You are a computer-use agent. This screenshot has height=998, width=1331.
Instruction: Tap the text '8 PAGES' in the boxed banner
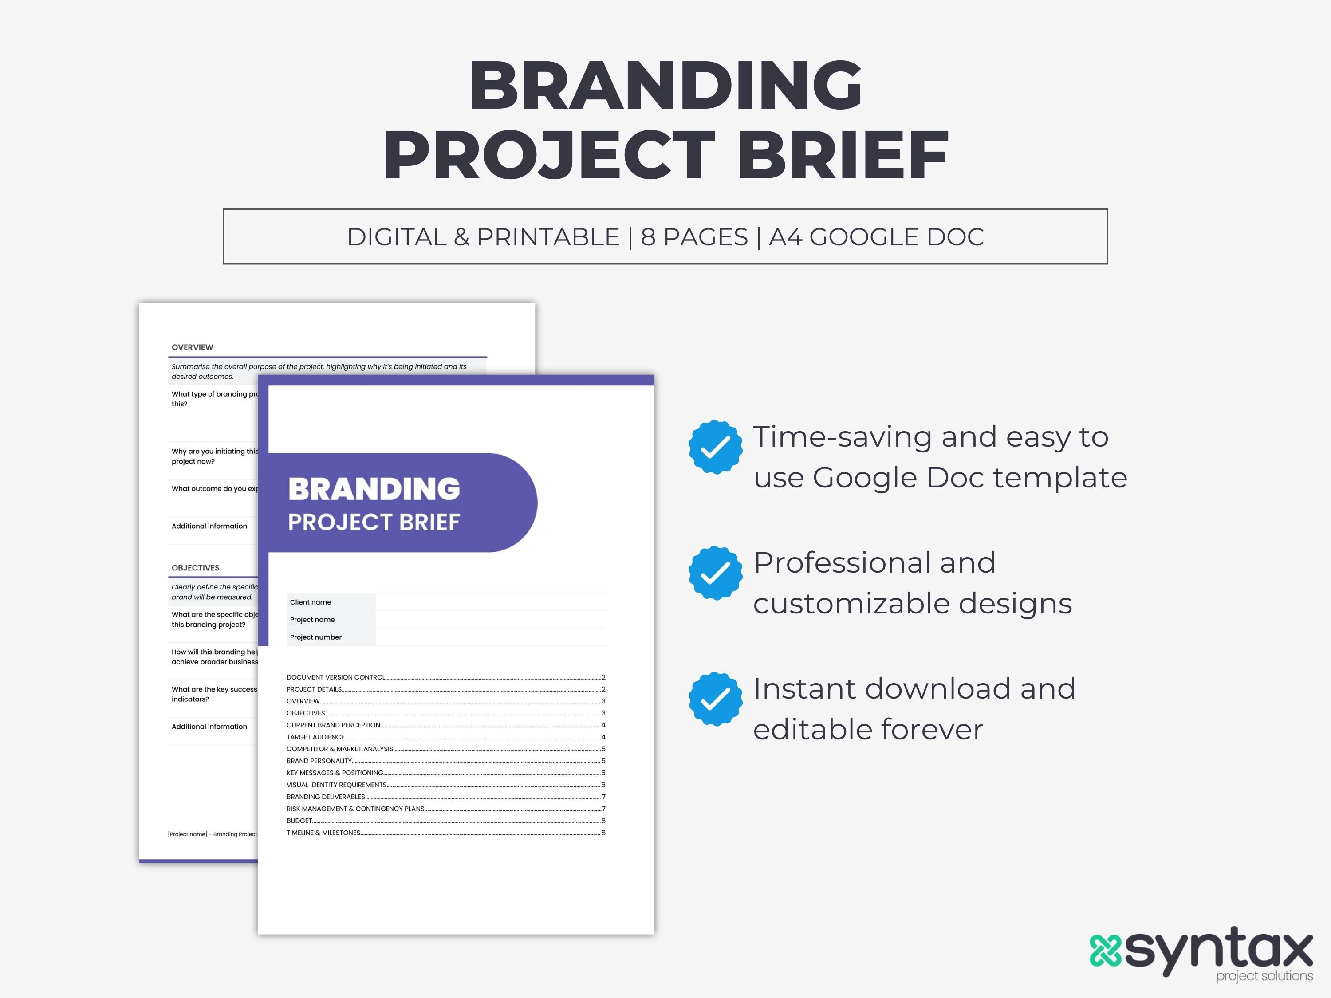(694, 237)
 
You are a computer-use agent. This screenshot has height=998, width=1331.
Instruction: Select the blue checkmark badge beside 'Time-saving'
(715, 447)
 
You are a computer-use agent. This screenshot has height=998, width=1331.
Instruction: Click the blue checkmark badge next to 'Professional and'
(715, 573)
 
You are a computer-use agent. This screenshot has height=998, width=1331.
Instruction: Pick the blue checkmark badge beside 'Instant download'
(715, 699)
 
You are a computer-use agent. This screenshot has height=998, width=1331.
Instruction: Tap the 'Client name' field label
(311, 602)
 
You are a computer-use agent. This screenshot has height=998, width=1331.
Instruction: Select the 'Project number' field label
(315, 637)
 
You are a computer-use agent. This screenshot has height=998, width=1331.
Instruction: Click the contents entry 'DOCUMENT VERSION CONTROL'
(336, 677)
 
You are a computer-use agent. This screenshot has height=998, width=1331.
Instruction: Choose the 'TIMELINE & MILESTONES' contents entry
(324, 833)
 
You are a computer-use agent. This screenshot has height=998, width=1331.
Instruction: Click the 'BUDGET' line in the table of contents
(299, 821)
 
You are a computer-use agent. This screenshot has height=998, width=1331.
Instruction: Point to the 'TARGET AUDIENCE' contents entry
(315, 737)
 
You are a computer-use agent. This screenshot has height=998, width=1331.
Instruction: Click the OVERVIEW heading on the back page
(192, 347)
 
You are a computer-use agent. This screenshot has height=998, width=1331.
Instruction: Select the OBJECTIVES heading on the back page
(196, 568)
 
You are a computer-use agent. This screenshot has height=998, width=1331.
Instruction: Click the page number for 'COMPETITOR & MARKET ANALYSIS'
(603, 749)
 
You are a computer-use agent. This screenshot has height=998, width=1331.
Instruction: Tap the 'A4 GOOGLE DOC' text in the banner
(876, 237)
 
